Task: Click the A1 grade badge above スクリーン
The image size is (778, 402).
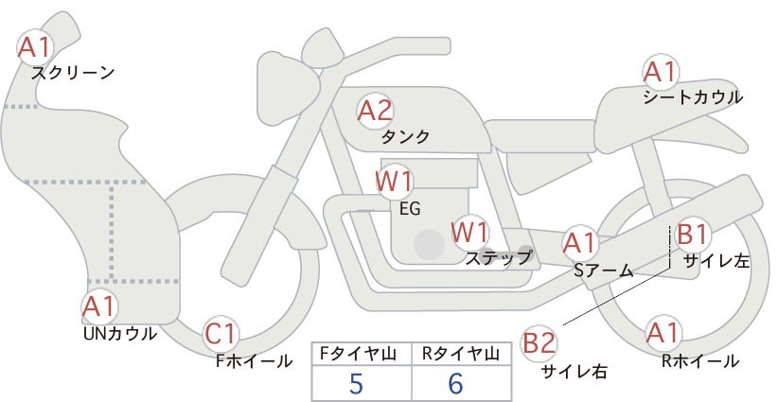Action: [x=35, y=47]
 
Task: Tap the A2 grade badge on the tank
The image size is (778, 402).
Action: [x=375, y=111]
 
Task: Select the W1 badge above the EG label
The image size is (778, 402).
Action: [x=394, y=182]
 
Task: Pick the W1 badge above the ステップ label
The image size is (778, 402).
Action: [x=469, y=232]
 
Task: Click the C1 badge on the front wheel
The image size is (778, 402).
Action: [x=221, y=334]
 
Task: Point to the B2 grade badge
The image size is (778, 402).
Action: [x=539, y=343]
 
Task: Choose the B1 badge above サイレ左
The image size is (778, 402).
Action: [x=692, y=234]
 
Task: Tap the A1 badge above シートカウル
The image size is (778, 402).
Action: [x=660, y=73]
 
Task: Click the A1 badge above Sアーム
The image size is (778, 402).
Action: [x=579, y=243]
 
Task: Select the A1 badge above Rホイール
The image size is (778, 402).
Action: [x=663, y=333]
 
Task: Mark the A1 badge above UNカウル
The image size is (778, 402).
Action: [x=99, y=306]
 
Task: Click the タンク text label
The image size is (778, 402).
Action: [x=405, y=137]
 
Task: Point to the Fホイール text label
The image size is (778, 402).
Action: [x=254, y=361]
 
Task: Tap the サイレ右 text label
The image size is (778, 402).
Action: [x=575, y=372]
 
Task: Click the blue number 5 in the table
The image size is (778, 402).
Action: [x=356, y=383]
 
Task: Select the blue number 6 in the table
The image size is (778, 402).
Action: [x=455, y=383]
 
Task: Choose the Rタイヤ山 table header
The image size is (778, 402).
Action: [x=460, y=354]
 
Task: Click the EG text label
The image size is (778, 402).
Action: [x=410, y=209]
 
